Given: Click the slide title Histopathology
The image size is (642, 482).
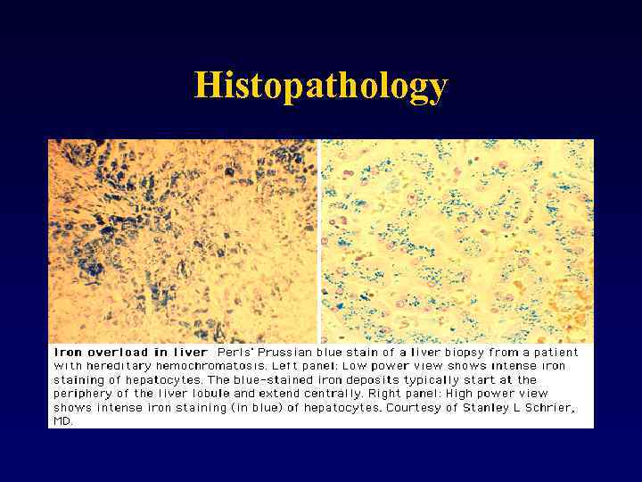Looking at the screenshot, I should pos(321,86).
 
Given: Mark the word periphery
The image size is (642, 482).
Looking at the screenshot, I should pos(83,394).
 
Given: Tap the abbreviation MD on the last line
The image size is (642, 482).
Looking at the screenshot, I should pos(63,421).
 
